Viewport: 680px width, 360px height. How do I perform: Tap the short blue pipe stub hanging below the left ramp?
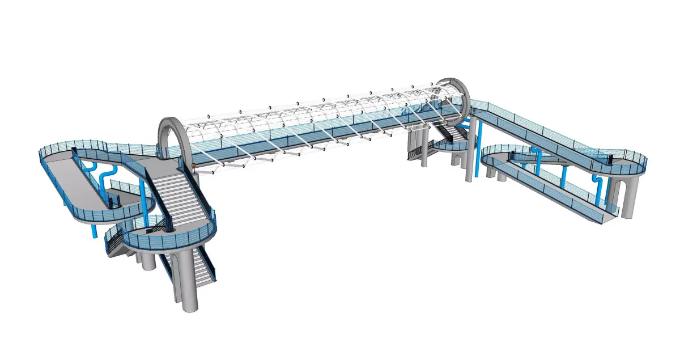(95, 231)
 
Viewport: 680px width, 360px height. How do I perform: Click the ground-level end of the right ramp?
(606, 216)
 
